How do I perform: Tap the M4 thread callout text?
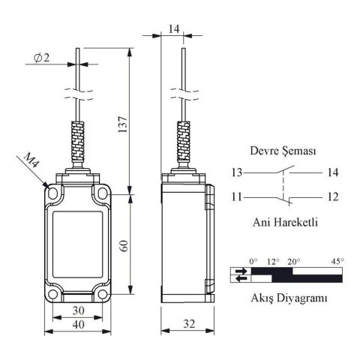coord(31,162)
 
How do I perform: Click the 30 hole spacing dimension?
coord(76,310)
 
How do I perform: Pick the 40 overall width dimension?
coord(76,325)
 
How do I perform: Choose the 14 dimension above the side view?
coord(174,29)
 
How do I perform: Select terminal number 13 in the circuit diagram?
coord(237,172)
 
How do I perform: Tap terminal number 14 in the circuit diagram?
coord(332,172)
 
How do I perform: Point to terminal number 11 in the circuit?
coord(237,198)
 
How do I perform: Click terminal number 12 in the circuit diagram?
coord(332,198)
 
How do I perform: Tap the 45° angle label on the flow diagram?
coord(337,261)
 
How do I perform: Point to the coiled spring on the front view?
coord(76,142)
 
